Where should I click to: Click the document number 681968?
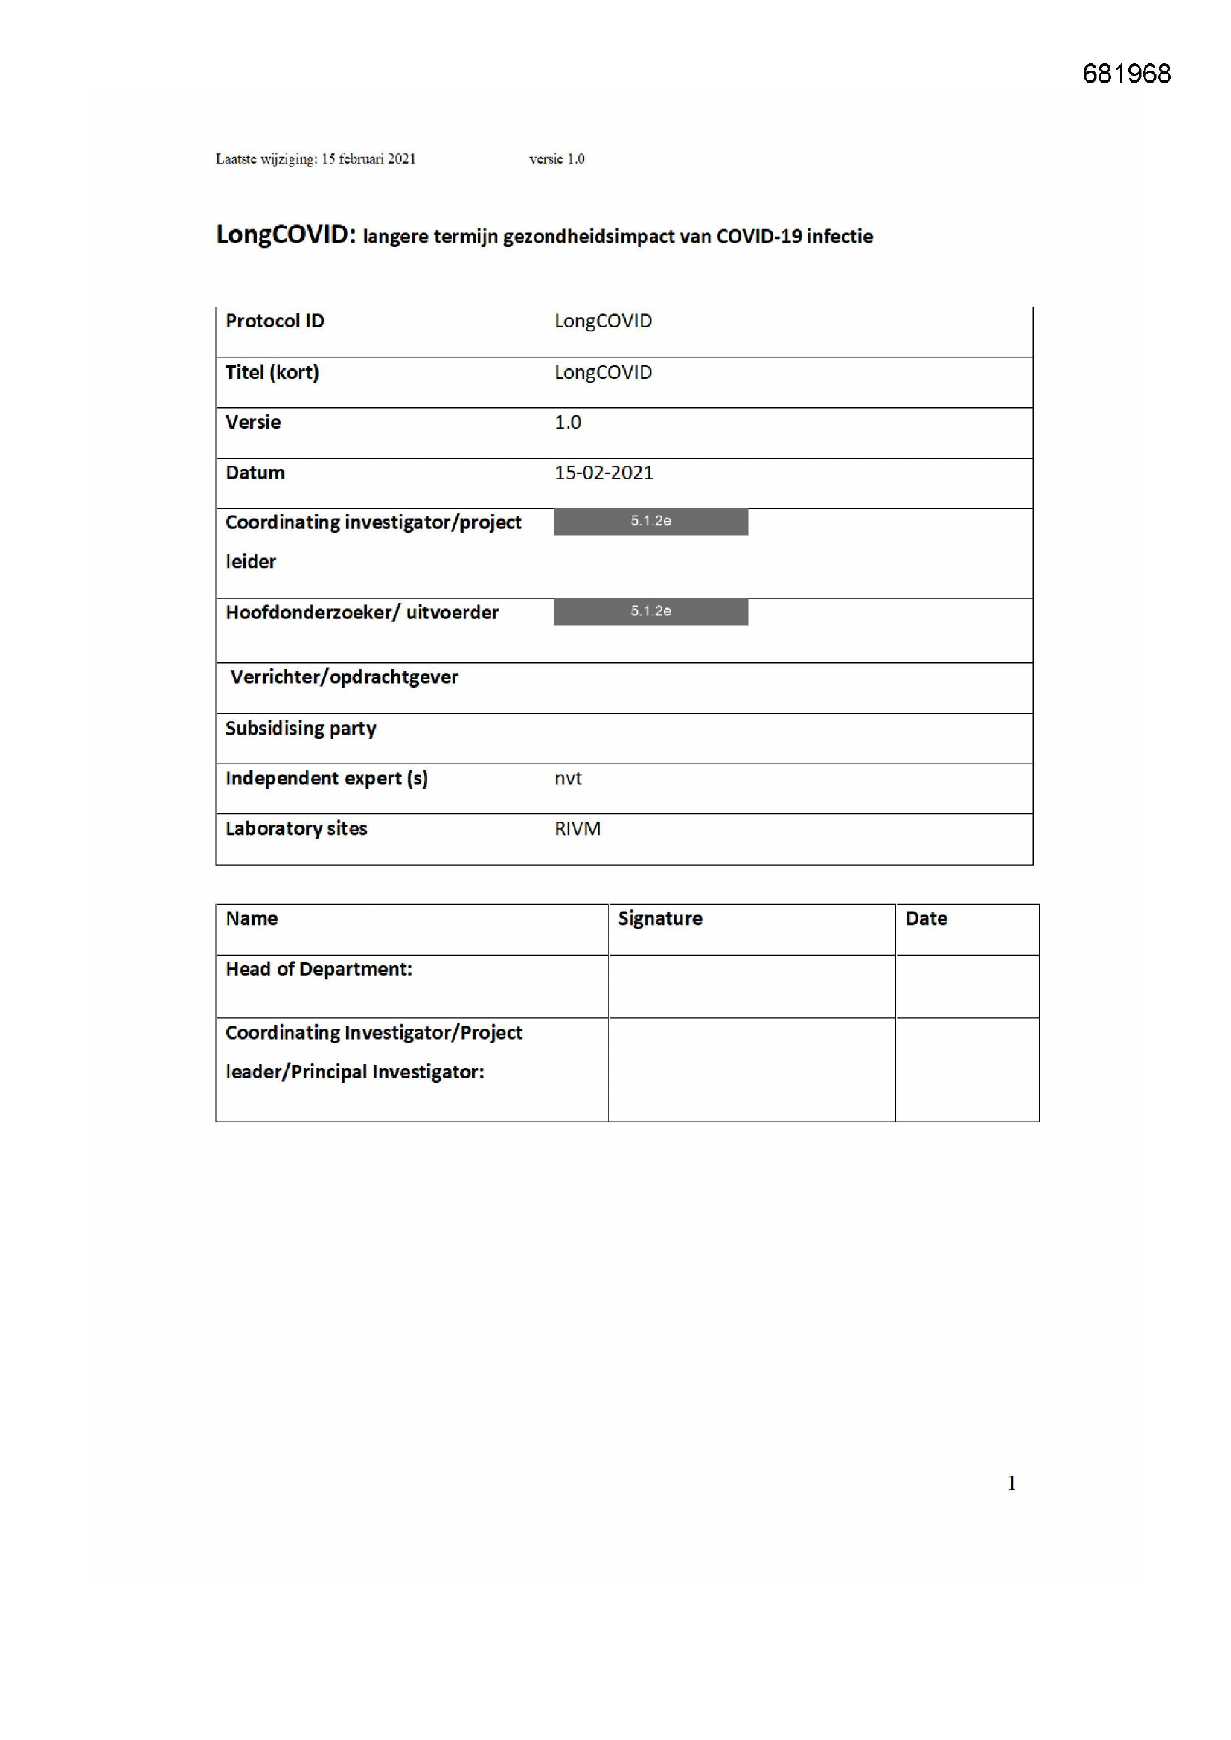[x=1125, y=74]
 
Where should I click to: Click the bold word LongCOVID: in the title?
[x=286, y=234]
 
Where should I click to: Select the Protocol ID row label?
[x=275, y=322]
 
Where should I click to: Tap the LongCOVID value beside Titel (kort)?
[x=603, y=372]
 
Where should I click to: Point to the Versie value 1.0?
[x=567, y=422]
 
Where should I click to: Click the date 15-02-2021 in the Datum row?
[x=604, y=473]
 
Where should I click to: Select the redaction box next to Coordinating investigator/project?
[x=650, y=522]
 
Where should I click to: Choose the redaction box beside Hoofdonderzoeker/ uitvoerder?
[x=650, y=612]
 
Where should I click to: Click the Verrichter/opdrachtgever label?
[x=344, y=677]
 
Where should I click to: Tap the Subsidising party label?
[x=300, y=729]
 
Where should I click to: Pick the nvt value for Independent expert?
[x=568, y=778]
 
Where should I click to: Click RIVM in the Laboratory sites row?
[x=577, y=829]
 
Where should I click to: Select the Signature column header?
[x=659, y=918]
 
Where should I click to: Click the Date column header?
[x=926, y=918]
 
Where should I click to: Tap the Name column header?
[x=252, y=918]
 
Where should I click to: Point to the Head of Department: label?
[x=319, y=969]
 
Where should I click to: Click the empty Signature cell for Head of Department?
[x=750, y=986]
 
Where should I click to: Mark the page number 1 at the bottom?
[x=1011, y=1483]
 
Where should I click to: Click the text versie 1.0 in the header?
[x=557, y=159]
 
